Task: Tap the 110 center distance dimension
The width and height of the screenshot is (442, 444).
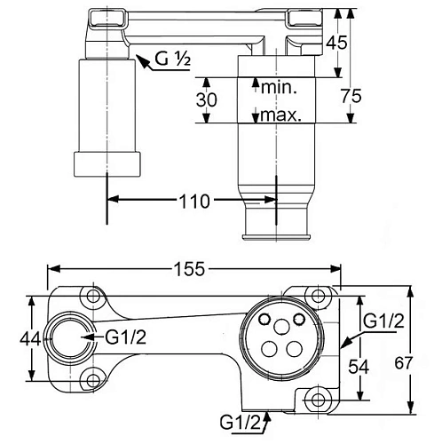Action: click(193, 202)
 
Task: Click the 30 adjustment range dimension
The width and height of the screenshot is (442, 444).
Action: click(206, 100)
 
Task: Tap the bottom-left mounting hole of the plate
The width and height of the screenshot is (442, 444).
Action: click(90, 382)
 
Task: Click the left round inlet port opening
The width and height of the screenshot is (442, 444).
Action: click(66, 338)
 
